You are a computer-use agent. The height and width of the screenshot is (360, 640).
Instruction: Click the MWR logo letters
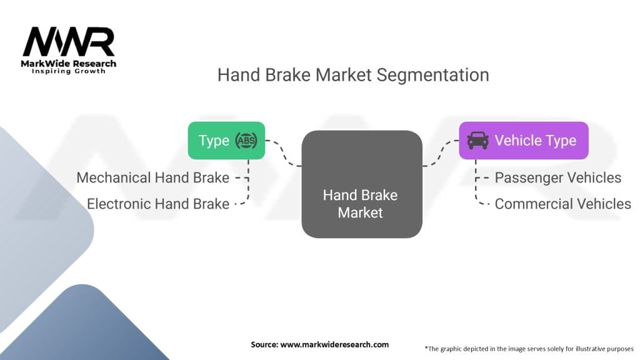coord(69,42)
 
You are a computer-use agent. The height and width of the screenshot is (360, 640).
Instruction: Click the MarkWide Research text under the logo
coord(69,63)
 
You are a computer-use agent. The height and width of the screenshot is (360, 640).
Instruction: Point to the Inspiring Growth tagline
coord(69,71)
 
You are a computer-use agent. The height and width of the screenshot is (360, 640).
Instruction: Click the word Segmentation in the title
coord(432,76)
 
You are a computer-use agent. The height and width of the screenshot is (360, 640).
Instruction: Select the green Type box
coord(226,141)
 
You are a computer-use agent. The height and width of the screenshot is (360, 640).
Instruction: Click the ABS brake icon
coord(246,141)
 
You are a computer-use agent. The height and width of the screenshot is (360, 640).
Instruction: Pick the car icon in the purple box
coord(477,141)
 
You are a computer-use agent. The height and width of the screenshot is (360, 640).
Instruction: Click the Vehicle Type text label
coord(536,141)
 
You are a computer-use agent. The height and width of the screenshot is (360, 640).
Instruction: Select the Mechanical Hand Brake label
coord(153,177)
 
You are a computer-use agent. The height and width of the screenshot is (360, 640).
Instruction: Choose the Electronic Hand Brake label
coord(158,204)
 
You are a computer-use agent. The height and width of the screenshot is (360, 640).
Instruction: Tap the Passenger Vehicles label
coord(558,177)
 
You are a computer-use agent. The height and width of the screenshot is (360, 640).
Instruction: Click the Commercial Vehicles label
coord(563,204)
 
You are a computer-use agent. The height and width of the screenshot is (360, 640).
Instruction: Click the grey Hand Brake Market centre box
coord(362,184)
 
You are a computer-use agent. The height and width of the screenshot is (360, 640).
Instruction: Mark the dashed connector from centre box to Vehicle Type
coord(441,153)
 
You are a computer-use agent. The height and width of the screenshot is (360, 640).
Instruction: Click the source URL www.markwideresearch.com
coord(334,344)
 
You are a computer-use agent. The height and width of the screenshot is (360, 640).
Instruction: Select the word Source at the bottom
coord(264,344)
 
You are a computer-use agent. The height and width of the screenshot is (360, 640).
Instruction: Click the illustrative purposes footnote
coord(529,349)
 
